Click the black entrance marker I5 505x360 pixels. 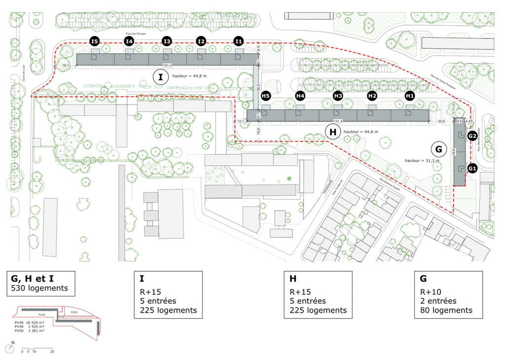click(95, 41)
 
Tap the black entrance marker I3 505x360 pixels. click(167, 41)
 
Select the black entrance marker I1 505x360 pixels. click(239, 41)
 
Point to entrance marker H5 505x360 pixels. click(266, 96)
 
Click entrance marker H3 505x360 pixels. click(338, 96)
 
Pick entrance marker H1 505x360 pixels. click(409, 96)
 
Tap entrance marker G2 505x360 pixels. click(472, 136)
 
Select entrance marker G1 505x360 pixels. click(472, 169)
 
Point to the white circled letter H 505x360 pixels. click(333, 132)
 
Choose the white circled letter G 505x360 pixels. click(437, 148)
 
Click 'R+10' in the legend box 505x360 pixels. click(430, 291)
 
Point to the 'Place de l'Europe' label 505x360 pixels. click(136, 34)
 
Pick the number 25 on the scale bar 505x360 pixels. click(52, 352)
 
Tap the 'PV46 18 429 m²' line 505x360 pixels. click(32, 322)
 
